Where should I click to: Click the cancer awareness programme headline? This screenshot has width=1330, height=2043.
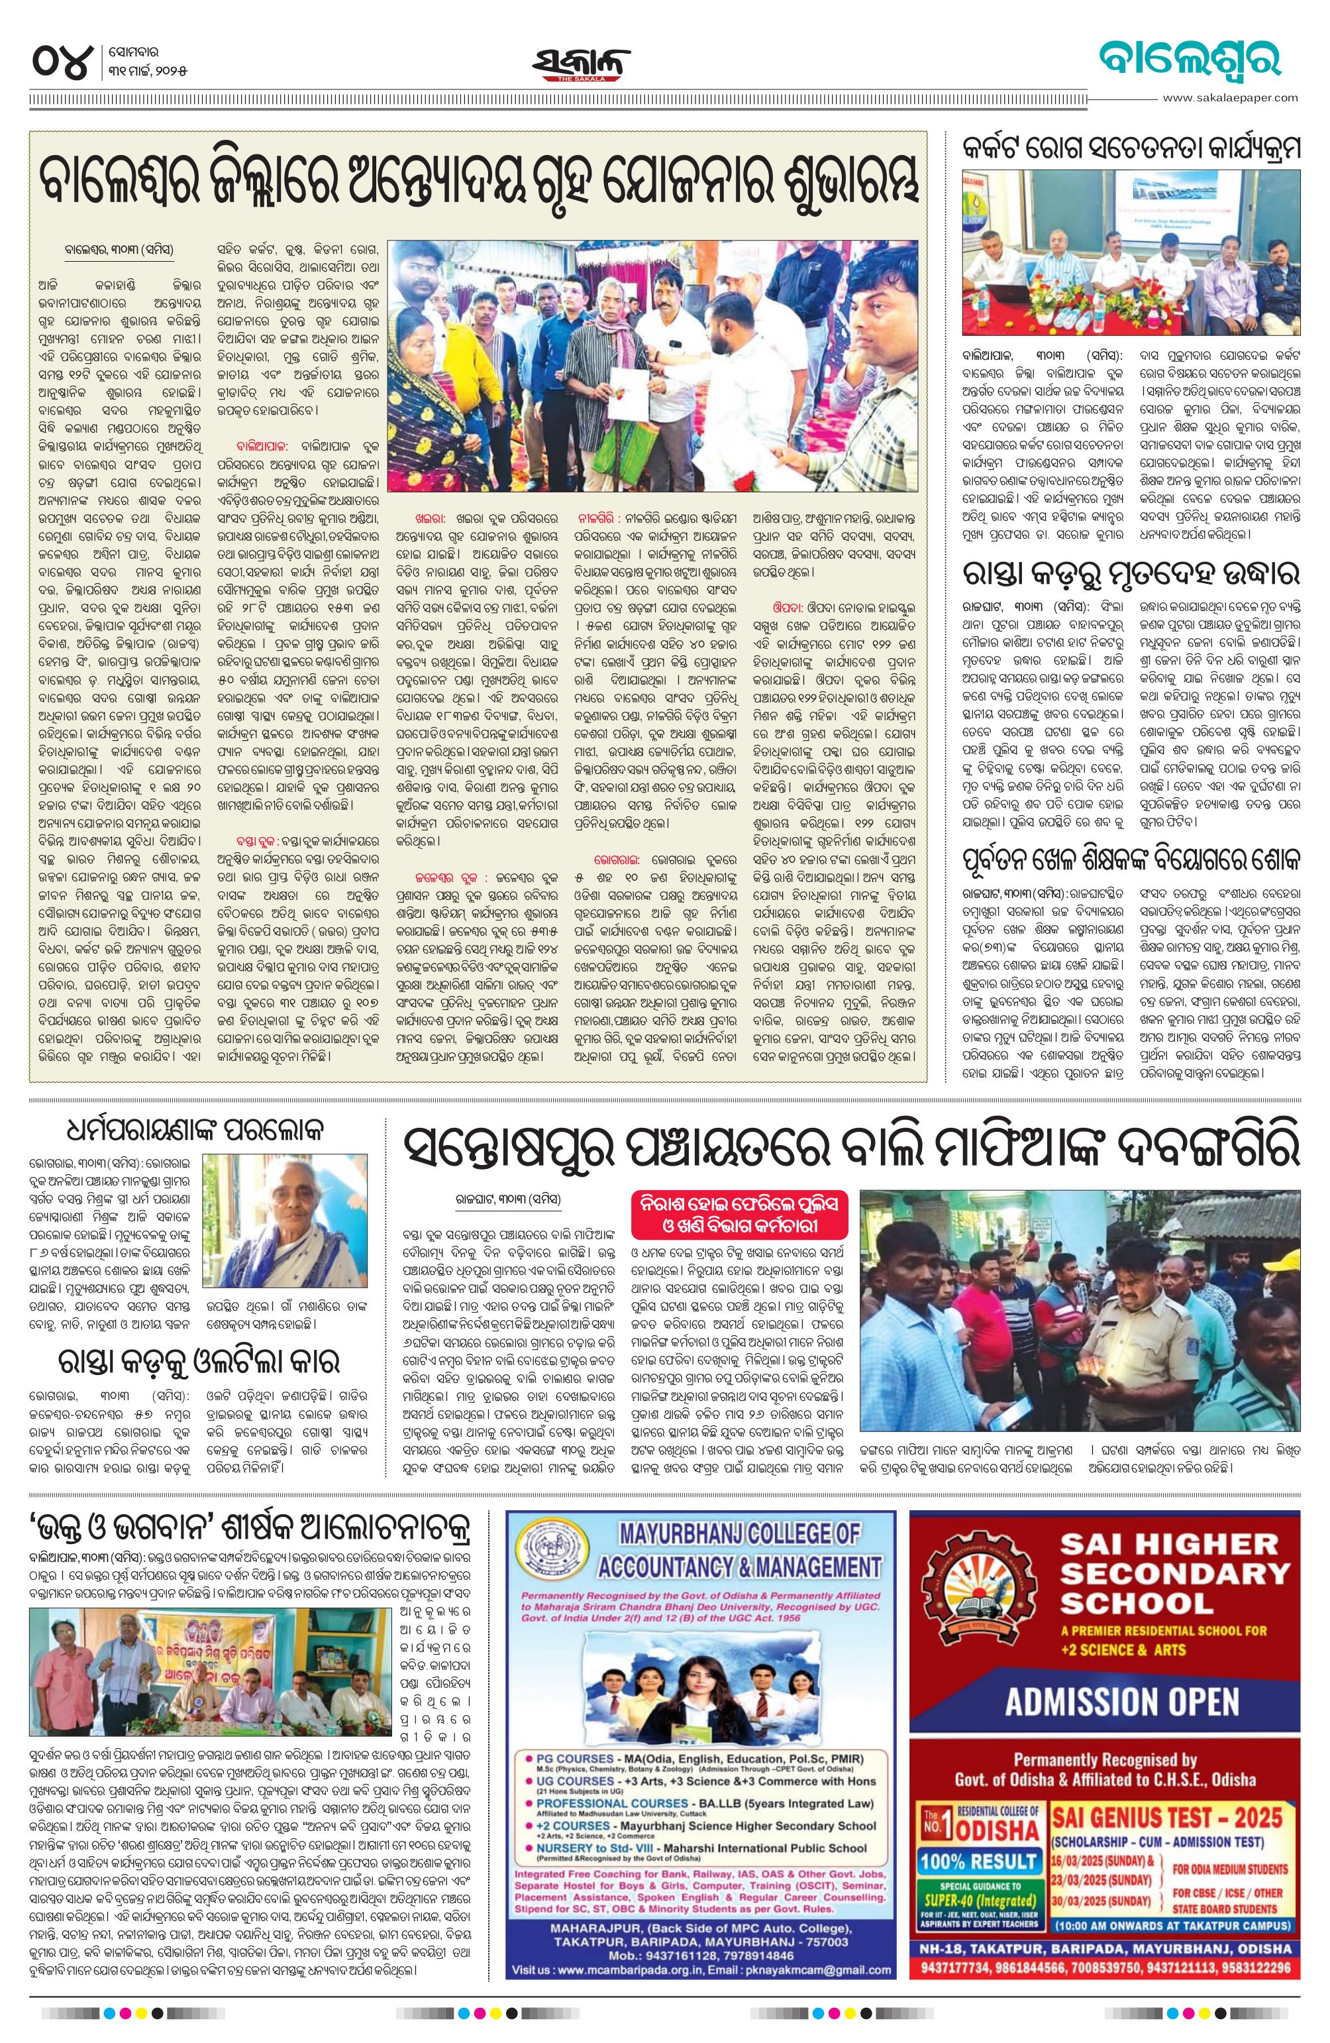click(1131, 149)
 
